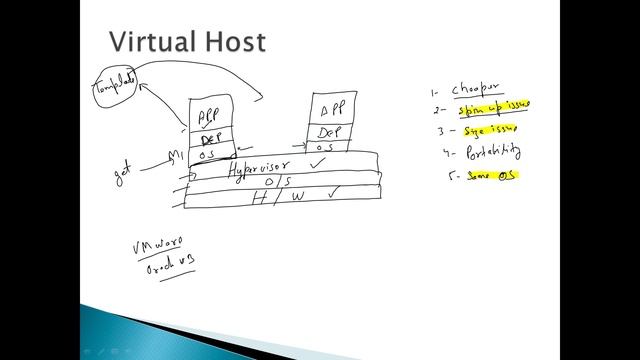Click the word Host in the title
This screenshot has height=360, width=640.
tap(237, 42)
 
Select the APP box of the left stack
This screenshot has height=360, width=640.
tap(209, 114)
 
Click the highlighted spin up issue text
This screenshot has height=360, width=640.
tap(497, 107)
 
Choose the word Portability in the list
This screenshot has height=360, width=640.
tap(493, 153)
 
